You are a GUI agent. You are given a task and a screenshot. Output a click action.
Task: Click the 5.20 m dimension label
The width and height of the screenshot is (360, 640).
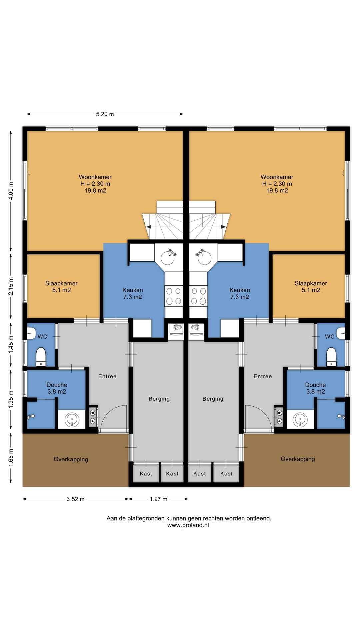point(105,114)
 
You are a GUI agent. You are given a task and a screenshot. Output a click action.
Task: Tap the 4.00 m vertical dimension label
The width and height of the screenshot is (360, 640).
point(11,191)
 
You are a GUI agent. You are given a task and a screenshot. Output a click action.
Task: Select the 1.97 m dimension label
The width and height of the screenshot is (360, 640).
point(158,499)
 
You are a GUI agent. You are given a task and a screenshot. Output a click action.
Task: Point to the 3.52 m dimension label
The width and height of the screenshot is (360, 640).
point(75,499)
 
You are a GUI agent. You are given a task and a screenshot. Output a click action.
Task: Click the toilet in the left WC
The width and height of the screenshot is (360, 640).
point(41,356)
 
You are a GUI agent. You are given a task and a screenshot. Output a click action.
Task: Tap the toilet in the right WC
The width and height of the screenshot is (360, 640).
point(331,356)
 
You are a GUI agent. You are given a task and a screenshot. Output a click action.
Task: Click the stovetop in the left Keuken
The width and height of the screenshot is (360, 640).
point(174,296)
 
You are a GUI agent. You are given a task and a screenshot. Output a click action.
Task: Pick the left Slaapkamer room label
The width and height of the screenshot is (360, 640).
point(61,287)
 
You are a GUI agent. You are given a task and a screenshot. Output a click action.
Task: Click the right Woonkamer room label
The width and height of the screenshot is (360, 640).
point(277,184)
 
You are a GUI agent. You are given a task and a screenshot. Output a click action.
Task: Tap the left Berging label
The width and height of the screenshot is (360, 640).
point(159,399)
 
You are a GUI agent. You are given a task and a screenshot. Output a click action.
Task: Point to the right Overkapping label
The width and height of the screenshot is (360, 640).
point(298,459)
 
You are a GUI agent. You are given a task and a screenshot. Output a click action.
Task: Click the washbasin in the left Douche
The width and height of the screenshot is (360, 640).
point(72,419)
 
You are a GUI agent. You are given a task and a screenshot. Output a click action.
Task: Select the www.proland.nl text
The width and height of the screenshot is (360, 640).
point(188,525)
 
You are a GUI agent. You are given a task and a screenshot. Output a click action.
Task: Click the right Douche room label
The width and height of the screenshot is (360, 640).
point(315,388)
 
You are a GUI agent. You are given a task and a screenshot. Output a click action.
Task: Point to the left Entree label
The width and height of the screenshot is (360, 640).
point(107,376)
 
